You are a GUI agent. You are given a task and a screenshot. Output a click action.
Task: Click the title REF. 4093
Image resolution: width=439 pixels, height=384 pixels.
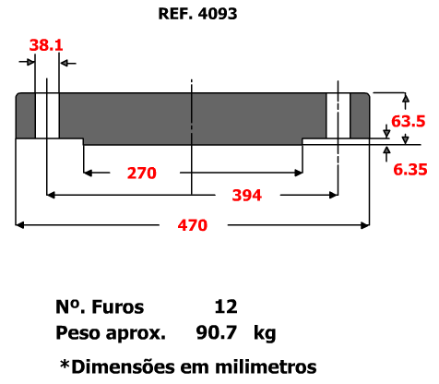tap(197, 14)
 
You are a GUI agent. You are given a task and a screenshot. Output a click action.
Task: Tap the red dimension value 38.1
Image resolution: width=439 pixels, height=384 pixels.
tap(46, 45)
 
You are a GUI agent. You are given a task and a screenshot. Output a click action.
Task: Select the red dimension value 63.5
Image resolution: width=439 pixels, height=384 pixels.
tap(409, 121)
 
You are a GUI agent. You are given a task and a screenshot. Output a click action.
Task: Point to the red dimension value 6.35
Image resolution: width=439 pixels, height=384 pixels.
tap(410, 170)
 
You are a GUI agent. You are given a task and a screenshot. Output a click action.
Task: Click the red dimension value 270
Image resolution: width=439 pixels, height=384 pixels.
tap(142, 173)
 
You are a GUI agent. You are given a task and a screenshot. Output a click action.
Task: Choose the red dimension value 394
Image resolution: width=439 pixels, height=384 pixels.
tap(247, 196)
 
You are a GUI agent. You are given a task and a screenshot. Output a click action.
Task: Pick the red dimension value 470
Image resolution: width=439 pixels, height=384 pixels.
tap(193, 225)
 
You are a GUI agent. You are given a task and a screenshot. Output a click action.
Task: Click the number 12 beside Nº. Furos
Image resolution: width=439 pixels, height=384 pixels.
tap(226, 306)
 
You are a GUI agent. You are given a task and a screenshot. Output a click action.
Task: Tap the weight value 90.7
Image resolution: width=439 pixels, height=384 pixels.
tap(217, 332)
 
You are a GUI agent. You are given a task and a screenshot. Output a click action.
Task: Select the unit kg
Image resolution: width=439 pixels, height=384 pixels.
tap(265, 334)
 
